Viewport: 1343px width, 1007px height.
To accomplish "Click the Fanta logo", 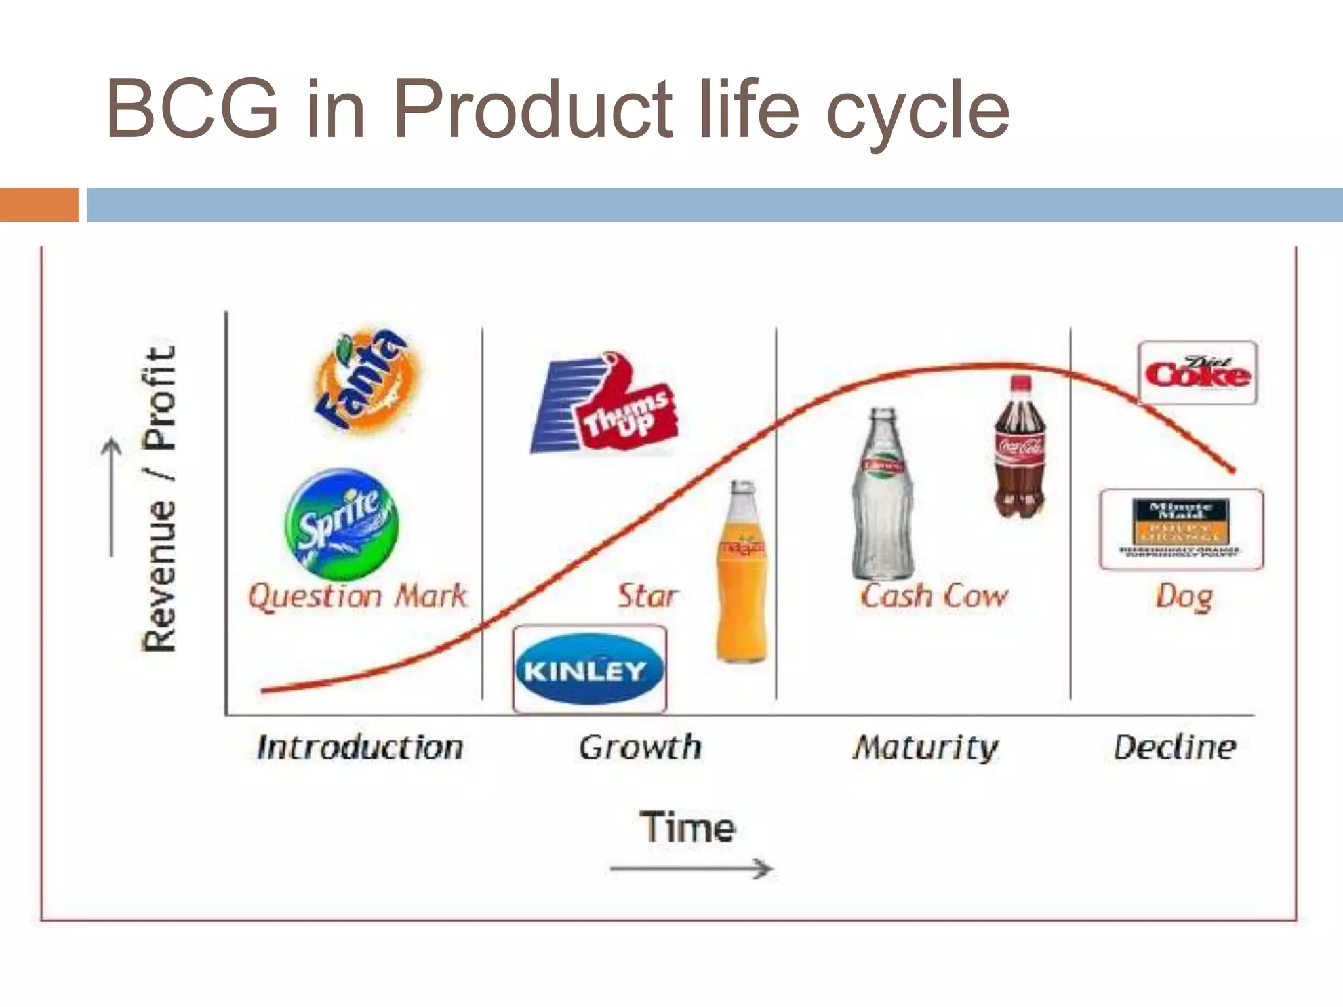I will tap(365, 380).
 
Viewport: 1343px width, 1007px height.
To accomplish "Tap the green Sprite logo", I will tap(341, 524).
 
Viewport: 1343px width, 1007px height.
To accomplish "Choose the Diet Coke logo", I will tap(1197, 373).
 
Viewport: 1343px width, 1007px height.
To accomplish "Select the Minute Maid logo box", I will tap(1180, 529).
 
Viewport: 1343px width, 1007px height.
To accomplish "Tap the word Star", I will tap(646, 596).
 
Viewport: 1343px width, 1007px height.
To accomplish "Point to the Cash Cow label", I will tap(933, 596).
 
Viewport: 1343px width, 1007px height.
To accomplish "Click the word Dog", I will tap(1184, 597).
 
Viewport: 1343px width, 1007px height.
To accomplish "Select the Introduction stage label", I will tap(360, 747).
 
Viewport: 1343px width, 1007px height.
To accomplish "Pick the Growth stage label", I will tap(640, 747).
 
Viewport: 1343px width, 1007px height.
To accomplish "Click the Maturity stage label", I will tap(925, 748).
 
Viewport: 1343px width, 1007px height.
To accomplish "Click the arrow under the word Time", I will tap(691, 869).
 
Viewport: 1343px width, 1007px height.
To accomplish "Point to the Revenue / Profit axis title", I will tap(159, 498).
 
